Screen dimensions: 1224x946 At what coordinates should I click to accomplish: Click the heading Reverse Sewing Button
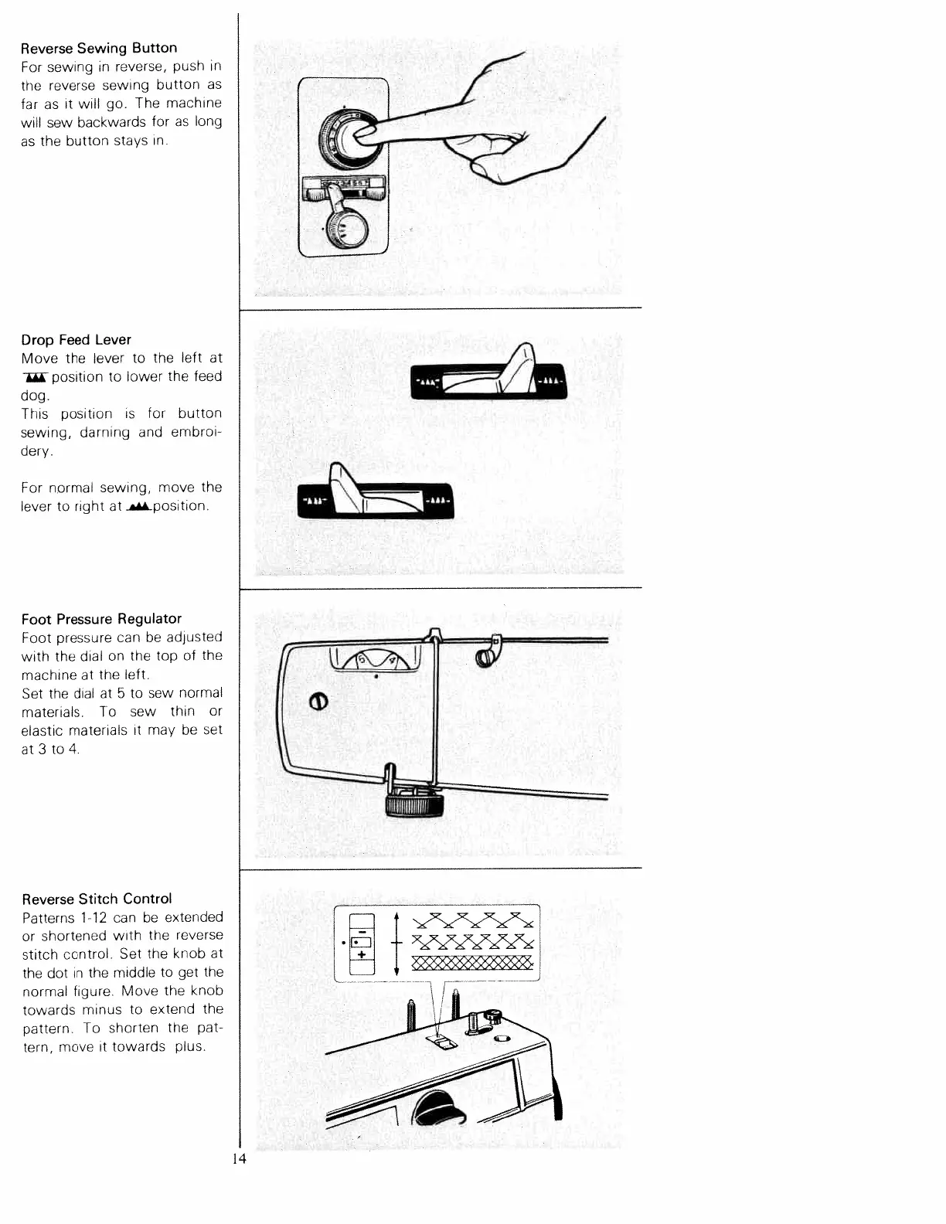pyautogui.click(x=99, y=48)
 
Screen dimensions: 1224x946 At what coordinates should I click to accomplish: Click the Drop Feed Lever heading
pyautogui.click(x=76, y=340)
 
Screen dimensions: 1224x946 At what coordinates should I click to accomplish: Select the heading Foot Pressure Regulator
pyautogui.click(x=101, y=619)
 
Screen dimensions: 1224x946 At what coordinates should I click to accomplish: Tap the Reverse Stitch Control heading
pyautogui.click(x=97, y=899)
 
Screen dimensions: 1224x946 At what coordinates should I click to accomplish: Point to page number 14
pyautogui.click(x=238, y=1159)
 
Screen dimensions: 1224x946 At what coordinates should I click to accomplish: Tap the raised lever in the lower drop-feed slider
pyautogui.click(x=342, y=487)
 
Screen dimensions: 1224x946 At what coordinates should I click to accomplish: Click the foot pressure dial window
pyautogui.click(x=374, y=659)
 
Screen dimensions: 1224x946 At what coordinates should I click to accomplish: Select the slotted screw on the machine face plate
pyautogui.click(x=318, y=701)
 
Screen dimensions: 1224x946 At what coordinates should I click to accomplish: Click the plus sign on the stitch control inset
pyautogui.click(x=362, y=956)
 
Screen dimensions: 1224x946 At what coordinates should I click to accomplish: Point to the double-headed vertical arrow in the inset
pyautogui.click(x=396, y=943)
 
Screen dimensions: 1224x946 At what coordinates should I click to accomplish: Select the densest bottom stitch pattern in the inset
pyautogui.click(x=472, y=962)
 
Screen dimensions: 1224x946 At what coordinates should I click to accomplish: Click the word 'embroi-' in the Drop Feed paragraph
pyautogui.click(x=196, y=433)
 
